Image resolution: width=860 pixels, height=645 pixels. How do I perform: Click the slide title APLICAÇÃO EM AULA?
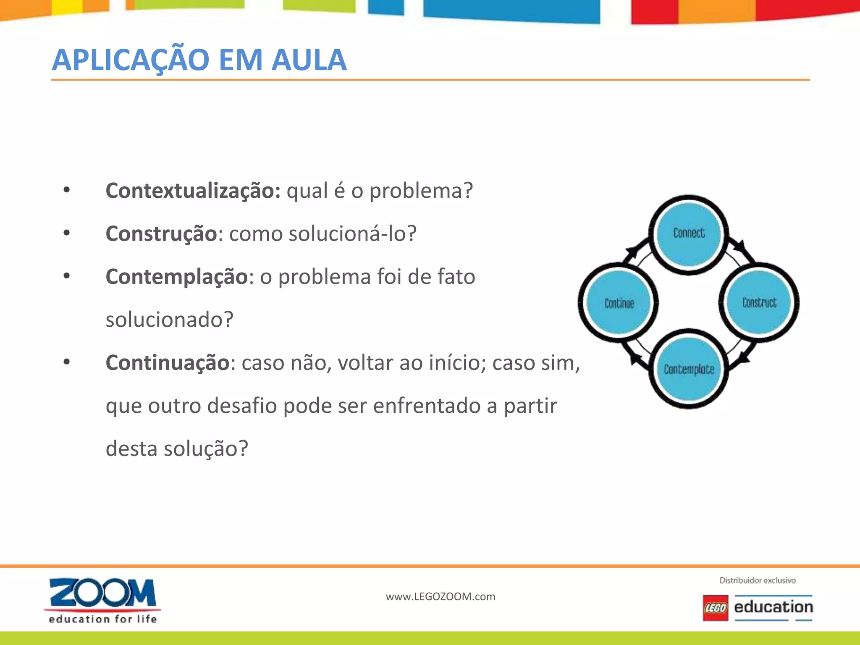(199, 60)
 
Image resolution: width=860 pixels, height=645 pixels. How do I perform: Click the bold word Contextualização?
(193, 191)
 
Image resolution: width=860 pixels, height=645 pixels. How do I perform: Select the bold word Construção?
(161, 234)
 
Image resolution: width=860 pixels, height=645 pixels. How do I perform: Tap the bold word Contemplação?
(177, 277)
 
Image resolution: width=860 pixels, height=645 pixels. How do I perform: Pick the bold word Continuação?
(168, 363)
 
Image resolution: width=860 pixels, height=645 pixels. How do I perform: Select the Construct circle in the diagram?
(759, 303)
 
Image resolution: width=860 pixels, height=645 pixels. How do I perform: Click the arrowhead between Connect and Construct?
(740, 246)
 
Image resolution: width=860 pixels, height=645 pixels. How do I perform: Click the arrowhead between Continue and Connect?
(631, 252)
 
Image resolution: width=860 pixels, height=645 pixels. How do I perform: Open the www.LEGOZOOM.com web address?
(440, 597)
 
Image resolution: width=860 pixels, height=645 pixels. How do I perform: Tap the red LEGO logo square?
(716, 608)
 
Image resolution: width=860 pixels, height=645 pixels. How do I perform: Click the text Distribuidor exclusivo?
(758, 580)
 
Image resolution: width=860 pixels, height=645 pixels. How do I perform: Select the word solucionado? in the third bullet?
(169, 320)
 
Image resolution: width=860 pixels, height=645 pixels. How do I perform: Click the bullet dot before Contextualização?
(67, 190)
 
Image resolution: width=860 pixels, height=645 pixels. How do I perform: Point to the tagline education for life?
(102, 619)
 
